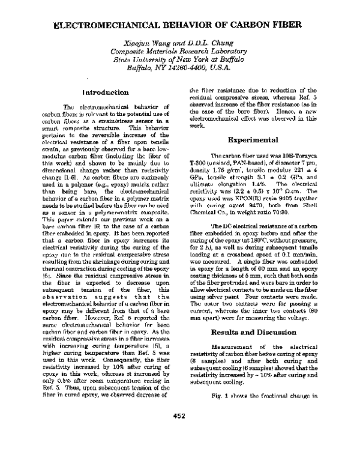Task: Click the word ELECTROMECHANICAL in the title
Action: pos(106,28)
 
